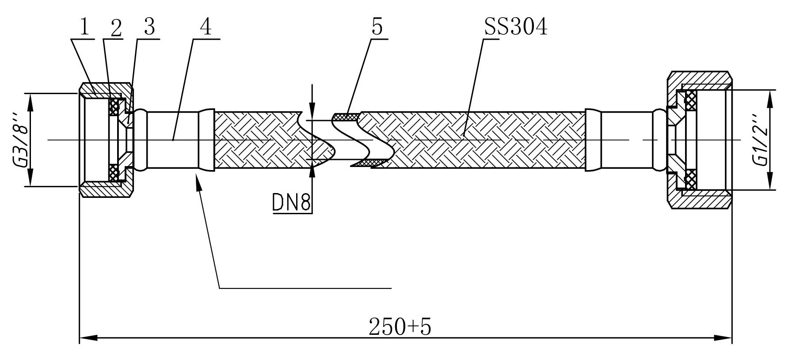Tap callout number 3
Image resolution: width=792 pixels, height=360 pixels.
[x=149, y=27]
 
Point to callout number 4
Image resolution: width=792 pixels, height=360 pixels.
[x=206, y=27]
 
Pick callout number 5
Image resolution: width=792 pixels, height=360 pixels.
[x=377, y=27]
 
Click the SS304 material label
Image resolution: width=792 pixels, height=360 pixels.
[x=515, y=27]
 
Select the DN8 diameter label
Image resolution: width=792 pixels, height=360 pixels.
[x=292, y=203]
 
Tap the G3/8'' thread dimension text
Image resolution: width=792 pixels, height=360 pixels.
[x=21, y=140]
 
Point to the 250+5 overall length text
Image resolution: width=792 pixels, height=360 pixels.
[x=400, y=327]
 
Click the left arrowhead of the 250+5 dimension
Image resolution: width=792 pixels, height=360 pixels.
[x=88, y=338]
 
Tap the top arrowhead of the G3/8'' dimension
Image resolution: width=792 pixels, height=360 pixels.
[x=30, y=102]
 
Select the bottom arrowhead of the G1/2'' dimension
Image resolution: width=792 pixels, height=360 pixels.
[x=770, y=182]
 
